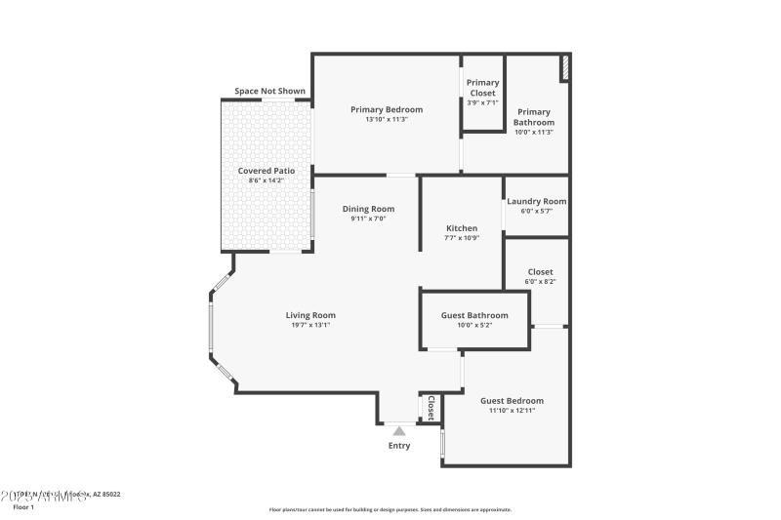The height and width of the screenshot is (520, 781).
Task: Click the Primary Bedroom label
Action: pyautogui.click(x=387, y=109)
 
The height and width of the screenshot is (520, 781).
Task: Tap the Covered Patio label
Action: pyautogui.click(x=267, y=171)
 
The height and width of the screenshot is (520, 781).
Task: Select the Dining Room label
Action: pyautogui.click(x=368, y=209)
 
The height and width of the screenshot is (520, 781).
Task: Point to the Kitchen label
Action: pyautogui.click(x=461, y=228)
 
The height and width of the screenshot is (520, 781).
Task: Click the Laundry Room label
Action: pyautogui.click(x=536, y=202)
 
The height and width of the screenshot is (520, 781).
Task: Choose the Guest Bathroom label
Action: pyautogui.click(x=474, y=315)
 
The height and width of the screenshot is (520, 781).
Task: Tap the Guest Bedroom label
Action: pyautogui.click(x=512, y=400)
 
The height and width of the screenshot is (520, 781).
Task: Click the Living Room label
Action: pyautogui.click(x=310, y=315)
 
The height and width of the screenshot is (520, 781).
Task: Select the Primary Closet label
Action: pyautogui.click(x=482, y=88)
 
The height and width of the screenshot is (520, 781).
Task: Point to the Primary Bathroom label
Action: pyautogui.click(x=534, y=117)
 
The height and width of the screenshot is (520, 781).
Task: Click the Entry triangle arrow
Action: pyautogui.click(x=398, y=429)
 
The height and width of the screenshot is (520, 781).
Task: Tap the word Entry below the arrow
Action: pyautogui.click(x=398, y=446)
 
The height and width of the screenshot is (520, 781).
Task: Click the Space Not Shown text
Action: pyautogui.click(x=269, y=92)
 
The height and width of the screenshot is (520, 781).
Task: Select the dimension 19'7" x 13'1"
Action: pyautogui.click(x=310, y=325)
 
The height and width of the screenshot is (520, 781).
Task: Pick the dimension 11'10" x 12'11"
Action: pyautogui.click(x=512, y=411)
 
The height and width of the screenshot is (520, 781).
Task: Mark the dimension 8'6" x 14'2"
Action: pyautogui.click(x=267, y=180)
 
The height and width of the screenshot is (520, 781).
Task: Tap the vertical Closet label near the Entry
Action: pyautogui.click(x=431, y=407)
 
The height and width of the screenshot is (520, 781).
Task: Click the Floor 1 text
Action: pyautogui.click(x=23, y=507)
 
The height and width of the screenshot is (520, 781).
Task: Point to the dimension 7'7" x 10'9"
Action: pyautogui.click(x=461, y=238)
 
